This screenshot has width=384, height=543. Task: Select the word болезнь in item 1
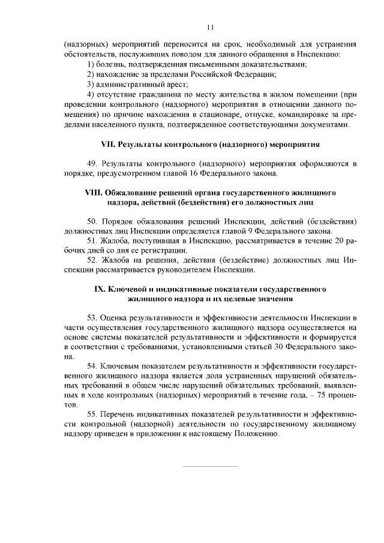click(x=112, y=64)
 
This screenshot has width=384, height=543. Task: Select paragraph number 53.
click(x=92, y=317)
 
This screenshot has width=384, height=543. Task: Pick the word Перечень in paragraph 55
click(x=119, y=415)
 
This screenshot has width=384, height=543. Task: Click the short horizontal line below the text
click(x=210, y=466)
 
